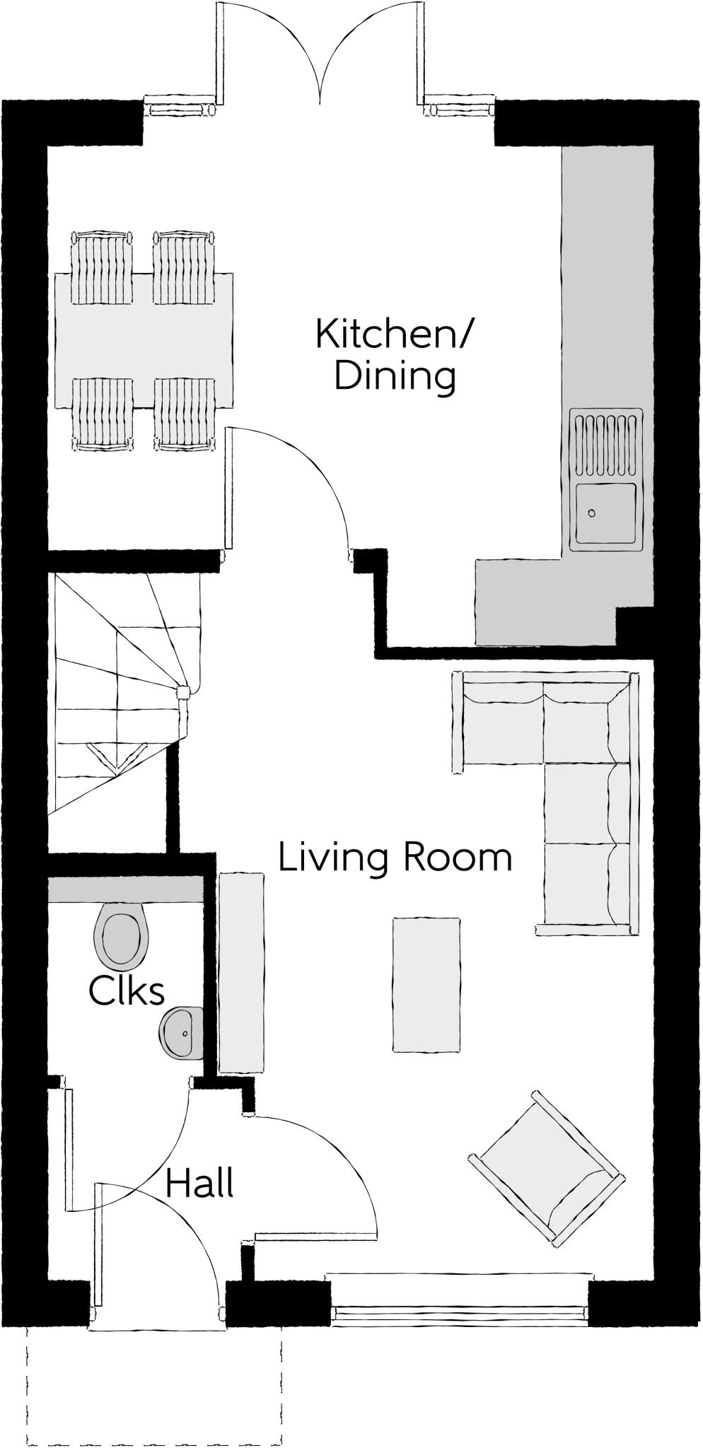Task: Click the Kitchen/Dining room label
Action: (393, 355)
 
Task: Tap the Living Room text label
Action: (395, 858)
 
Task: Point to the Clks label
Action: (127, 991)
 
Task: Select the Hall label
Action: (199, 1184)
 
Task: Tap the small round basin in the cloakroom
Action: (179, 1032)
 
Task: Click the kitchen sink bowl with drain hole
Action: (606, 513)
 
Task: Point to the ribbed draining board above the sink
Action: (607, 447)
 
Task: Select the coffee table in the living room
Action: (426, 984)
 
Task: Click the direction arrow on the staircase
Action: (117, 756)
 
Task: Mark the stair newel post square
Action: (183, 693)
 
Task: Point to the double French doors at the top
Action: (320, 53)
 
